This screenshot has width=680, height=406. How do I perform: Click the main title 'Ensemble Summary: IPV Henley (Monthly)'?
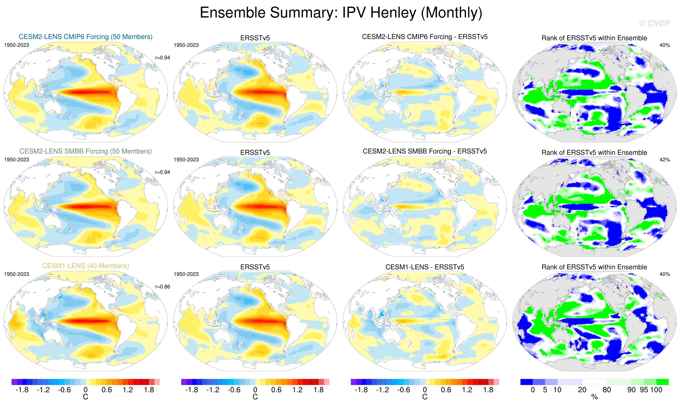point(341,13)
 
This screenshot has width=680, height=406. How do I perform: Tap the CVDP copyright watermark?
point(654,24)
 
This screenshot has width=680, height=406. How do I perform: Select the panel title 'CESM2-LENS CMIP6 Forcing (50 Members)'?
point(85,37)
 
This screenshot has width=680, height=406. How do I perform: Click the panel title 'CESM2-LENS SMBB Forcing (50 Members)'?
point(85,151)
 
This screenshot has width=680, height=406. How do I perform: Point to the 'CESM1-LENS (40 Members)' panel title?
point(85,266)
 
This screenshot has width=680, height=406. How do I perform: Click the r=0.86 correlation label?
point(162,287)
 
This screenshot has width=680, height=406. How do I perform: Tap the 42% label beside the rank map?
point(664,160)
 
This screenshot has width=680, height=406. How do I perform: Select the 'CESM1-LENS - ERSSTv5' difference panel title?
point(425,267)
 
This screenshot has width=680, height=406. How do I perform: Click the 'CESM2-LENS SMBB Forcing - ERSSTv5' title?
point(425,151)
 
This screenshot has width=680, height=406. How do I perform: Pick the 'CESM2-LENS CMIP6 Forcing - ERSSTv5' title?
point(425,37)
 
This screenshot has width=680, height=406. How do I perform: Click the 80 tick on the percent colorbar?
point(607,390)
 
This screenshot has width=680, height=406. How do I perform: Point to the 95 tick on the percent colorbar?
point(644,390)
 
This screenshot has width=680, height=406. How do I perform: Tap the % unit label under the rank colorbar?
point(594,397)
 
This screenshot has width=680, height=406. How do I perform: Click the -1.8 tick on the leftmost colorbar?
point(22,390)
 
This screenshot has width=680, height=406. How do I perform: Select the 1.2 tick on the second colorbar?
point(297,390)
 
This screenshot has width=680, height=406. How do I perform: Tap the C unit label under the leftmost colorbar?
point(85,397)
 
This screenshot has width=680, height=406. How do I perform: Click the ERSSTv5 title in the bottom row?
point(255,267)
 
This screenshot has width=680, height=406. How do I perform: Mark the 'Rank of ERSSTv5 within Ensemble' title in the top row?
point(594,38)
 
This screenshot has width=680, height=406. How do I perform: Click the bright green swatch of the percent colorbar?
point(662,382)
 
